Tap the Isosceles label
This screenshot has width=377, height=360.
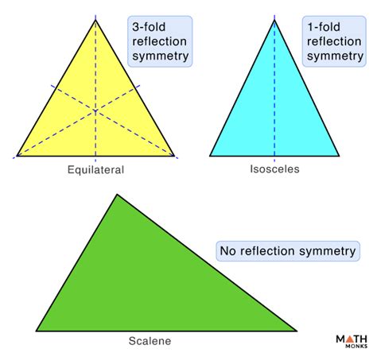tap(274, 169)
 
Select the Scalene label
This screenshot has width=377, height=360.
tap(150, 342)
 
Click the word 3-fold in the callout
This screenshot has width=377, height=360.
tap(149, 25)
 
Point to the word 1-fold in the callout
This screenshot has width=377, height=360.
tap(325, 25)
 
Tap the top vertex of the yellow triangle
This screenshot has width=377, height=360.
tap(95, 20)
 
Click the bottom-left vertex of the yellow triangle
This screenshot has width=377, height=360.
tap(17, 156)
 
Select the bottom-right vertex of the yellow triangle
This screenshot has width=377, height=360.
tap(173, 156)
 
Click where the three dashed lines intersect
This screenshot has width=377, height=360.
tap(95, 110)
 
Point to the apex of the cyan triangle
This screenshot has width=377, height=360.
tap(274, 20)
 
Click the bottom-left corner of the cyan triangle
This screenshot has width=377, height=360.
tap(210, 156)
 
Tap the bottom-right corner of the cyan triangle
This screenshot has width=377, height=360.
tap(340, 156)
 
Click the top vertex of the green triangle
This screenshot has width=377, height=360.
tap(118, 194)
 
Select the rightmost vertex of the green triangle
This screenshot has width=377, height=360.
tap(297, 331)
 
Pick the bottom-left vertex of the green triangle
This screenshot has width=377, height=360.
tap(37, 331)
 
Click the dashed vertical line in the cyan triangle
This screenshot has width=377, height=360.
tap(274, 95)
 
